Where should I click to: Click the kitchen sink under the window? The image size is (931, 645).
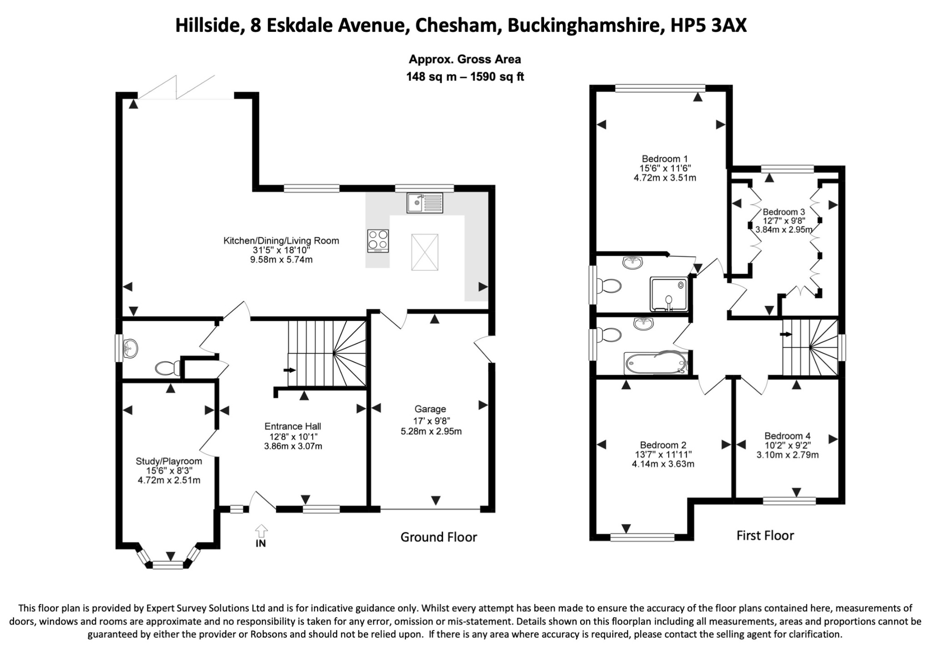(425, 203)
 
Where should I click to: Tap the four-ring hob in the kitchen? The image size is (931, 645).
(378, 241)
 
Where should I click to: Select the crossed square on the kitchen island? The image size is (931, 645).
(425, 252)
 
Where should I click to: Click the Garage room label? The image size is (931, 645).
(430, 409)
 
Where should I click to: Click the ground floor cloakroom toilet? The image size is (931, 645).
(167, 368)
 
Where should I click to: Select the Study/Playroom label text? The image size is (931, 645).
(169, 461)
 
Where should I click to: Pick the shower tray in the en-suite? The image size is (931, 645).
(669, 294)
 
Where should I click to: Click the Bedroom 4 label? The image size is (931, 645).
(787, 436)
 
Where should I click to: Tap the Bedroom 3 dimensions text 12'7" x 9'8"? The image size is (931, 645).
(783, 221)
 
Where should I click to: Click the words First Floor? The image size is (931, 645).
(765, 535)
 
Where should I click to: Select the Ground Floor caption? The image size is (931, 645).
(439, 537)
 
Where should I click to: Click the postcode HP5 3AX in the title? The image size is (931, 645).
(709, 26)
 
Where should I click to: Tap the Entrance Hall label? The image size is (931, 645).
(293, 426)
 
